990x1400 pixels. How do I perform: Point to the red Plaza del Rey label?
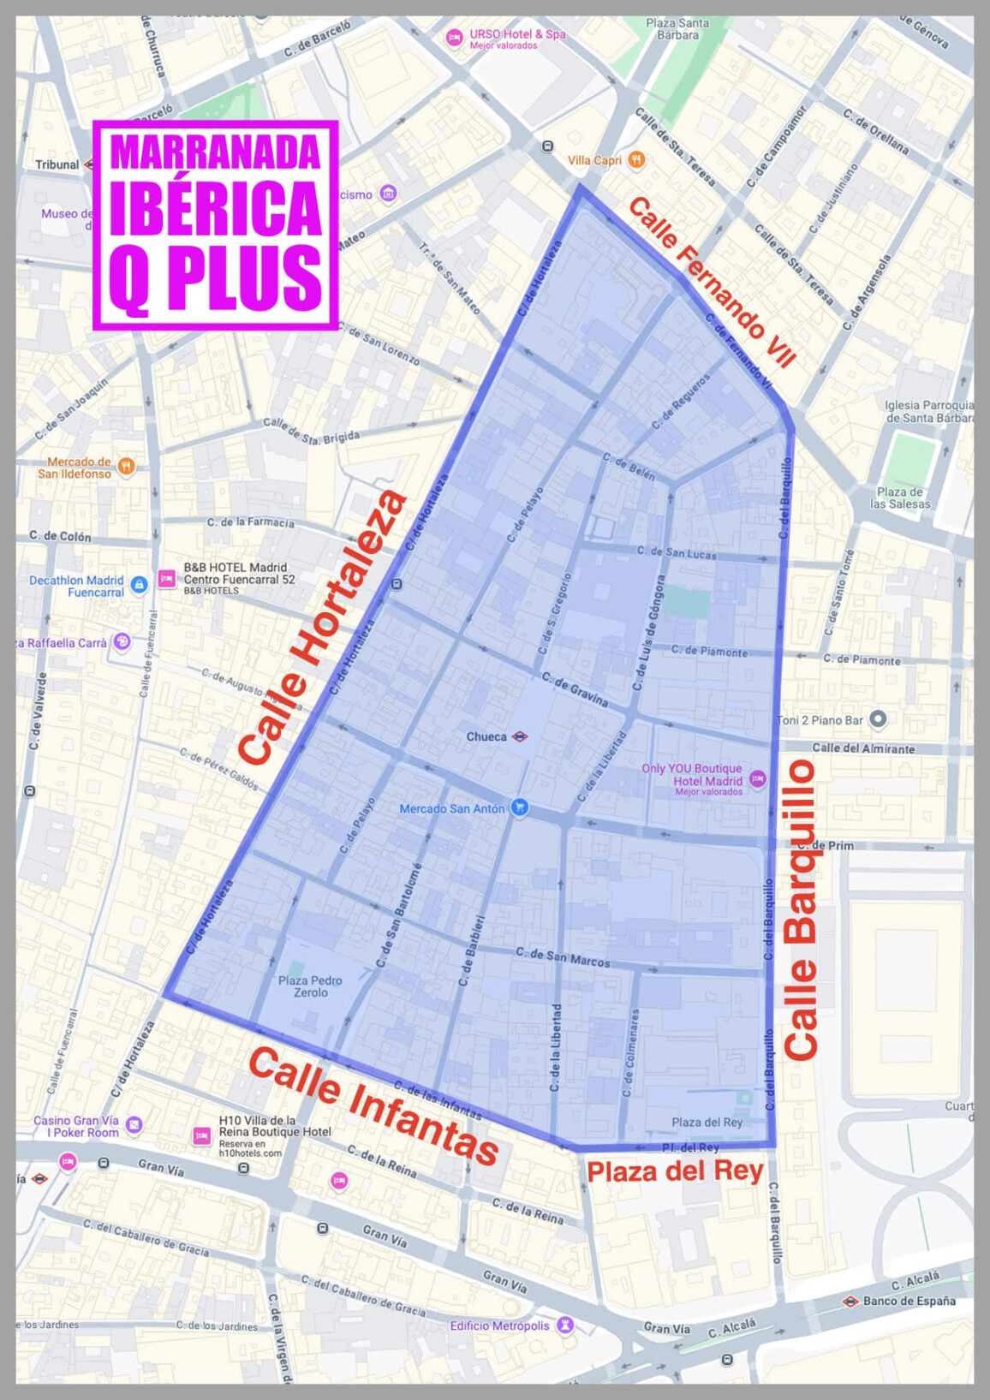(x=675, y=1171)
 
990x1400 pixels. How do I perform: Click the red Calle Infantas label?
(x=373, y=1105)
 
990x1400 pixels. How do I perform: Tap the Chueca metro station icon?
(x=519, y=736)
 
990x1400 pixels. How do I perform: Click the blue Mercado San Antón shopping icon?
(x=518, y=807)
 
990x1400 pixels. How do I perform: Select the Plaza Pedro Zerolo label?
(x=310, y=986)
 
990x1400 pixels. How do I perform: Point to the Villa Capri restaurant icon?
(x=635, y=159)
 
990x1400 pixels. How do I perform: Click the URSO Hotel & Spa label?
(x=517, y=34)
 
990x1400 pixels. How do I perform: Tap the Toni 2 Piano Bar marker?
(x=878, y=719)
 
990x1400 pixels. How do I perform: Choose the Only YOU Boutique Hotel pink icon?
(x=757, y=779)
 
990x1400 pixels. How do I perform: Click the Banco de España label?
(x=909, y=1301)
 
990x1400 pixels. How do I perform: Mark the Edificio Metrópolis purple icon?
(x=564, y=1325)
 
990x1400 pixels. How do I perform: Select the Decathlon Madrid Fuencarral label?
(x=76, y=586)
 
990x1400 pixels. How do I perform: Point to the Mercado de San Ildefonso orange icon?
(x=126, y=466)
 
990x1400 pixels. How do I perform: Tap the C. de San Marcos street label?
(x=563, y=957)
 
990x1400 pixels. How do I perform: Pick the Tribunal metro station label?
(x=57, y=164)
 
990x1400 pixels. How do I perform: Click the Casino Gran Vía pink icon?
(x=134, y=1124)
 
